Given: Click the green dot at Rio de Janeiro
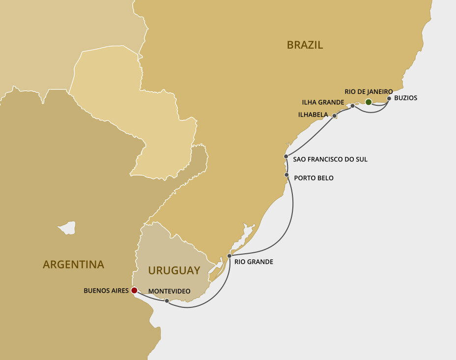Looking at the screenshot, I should (x=369, y=102).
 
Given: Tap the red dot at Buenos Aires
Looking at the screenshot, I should (x=134, y=291).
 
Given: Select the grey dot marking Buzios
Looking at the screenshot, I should (x=389, y=98).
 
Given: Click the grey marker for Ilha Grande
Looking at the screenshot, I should (x=353, y=106).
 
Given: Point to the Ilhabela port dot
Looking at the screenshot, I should (x=335, y=117).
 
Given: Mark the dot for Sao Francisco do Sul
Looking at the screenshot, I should (x=286, y=156).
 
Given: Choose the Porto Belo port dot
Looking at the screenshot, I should (x=286, y=175).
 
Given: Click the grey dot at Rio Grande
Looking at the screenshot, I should (x=229, y=256).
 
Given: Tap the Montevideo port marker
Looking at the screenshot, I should (x=167, y=300).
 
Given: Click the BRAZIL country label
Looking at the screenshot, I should (x=305, y=45).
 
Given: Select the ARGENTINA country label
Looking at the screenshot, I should (x=73, y=265).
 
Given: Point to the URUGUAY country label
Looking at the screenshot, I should (x=174, y=270).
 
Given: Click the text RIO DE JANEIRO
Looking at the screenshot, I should (x=369, y=91).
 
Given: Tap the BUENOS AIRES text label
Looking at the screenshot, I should (x=106, y=291).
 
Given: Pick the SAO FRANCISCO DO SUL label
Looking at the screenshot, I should (x=330, y=159).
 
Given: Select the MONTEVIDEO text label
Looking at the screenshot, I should (x=169, y=291).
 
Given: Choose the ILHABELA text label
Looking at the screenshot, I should (x=313, y=115).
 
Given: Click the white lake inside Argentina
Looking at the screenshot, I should (x=67, y=228).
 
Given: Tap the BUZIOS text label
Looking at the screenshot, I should (x=405, y=98).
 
